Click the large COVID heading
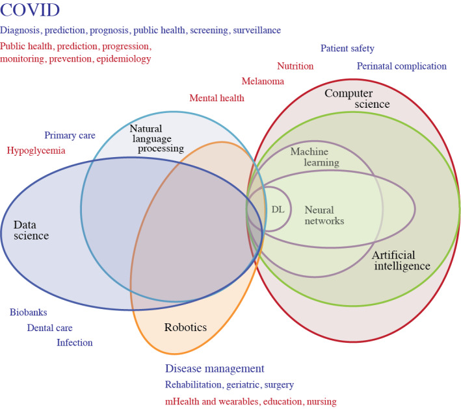click(x=31, y=11)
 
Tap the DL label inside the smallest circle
click(x=278, y=209)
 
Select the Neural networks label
click(x=324, y=215)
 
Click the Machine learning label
click(x=314, y=156)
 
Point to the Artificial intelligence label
click(x=401, y=260)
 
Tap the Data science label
click(x=32, y=230)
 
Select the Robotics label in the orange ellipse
click(x=185, y=327)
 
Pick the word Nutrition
click(x=295, y=66)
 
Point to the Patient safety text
click(x=347, y=49)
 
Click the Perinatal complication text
click(x=401, y=66)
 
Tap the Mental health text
click(x=217, y=98)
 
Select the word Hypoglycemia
click(x=36, y=151)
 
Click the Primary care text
click(x=70, y=136)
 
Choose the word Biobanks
click(x=28, y=312)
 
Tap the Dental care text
click(x=49, y=328)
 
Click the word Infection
click(x=74, y=343)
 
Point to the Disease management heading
click(x=215, y=369)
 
